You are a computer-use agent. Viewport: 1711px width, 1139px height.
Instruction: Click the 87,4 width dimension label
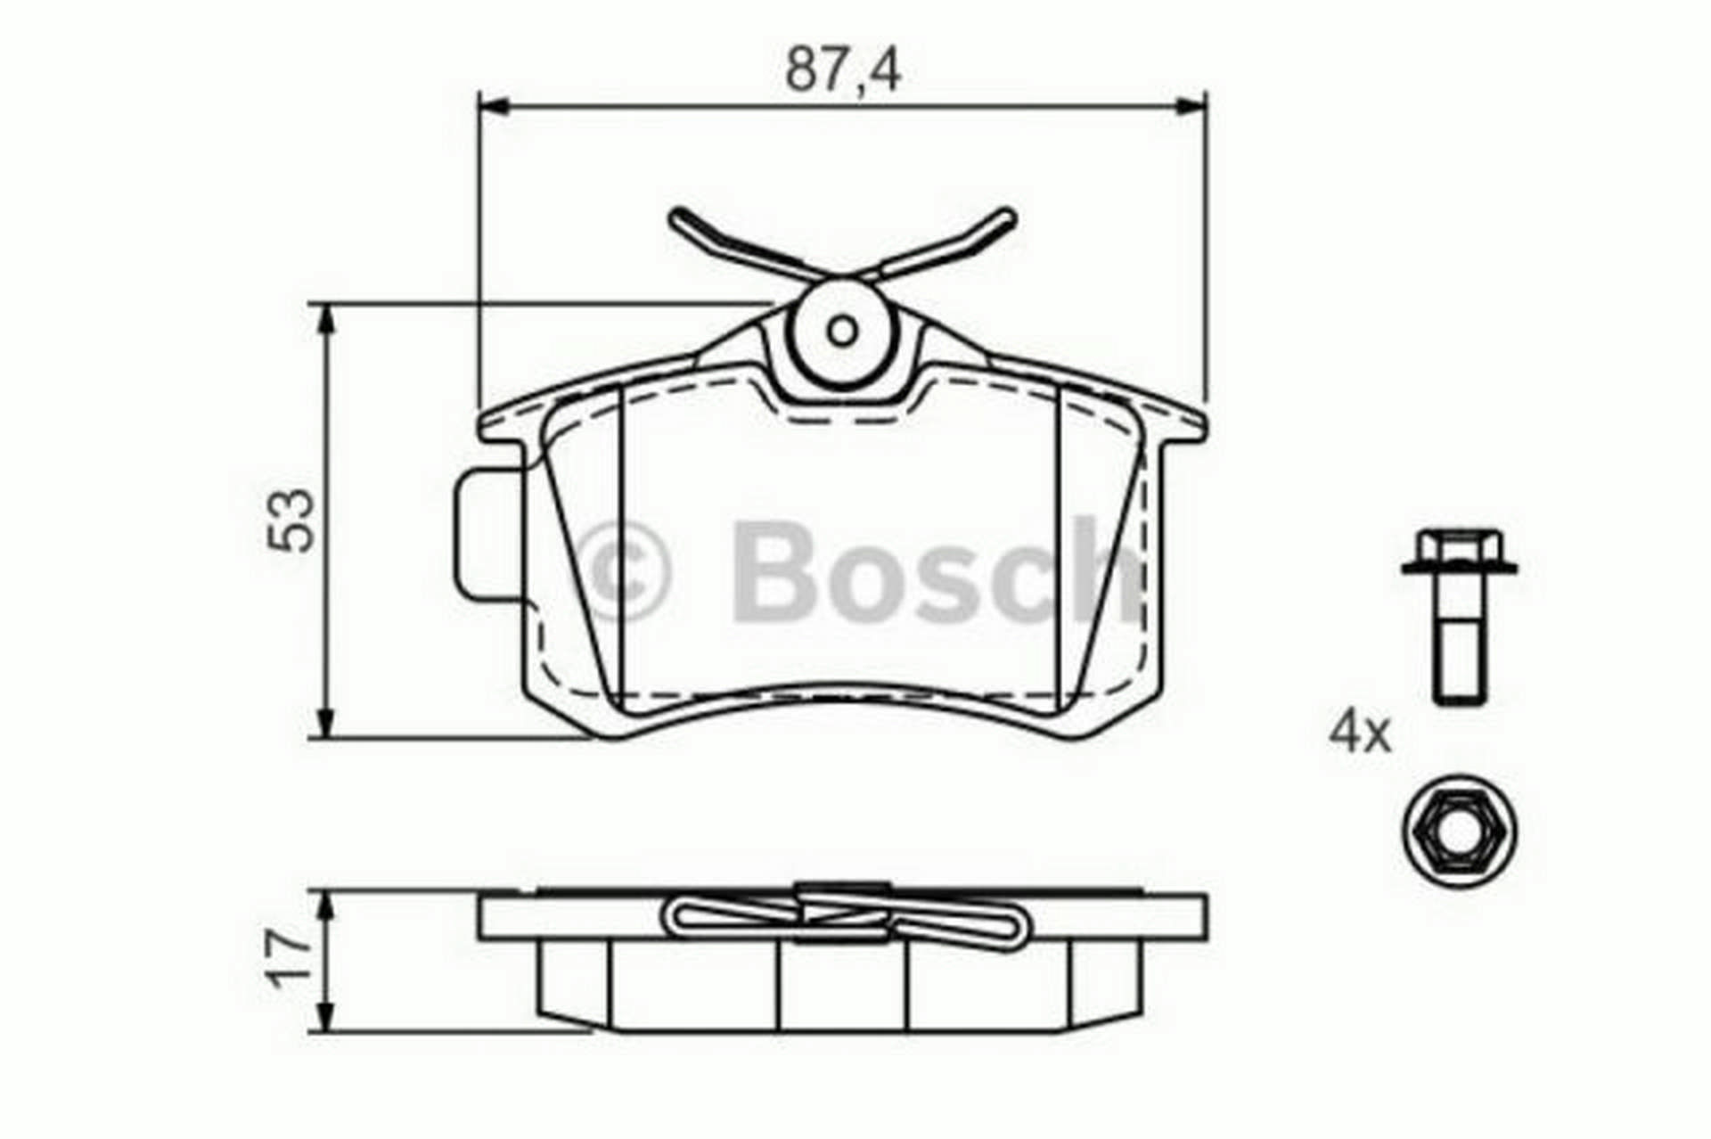coord(843,71)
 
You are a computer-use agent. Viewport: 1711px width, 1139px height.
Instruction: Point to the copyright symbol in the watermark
coord(624,570)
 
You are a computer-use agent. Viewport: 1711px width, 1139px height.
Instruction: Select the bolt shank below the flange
coord(1460,640)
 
